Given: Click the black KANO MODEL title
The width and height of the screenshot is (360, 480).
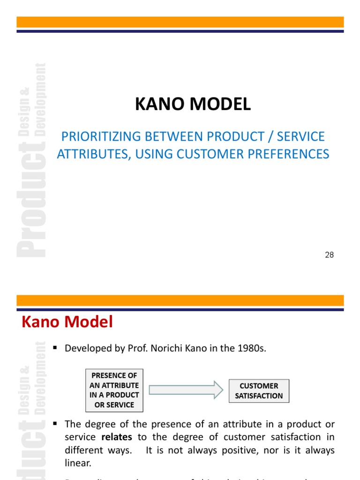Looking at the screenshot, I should [x=193, y=105].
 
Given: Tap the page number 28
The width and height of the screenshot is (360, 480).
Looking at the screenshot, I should [x=329, y=255].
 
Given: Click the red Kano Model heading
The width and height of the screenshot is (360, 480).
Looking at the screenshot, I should [x=67, y=322].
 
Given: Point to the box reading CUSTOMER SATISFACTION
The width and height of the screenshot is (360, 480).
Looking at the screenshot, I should [x=259, y=391].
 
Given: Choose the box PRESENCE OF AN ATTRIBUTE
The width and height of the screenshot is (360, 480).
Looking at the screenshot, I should [x=114, y=390].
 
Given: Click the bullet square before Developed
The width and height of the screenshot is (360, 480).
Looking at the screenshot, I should [x=55, y=347].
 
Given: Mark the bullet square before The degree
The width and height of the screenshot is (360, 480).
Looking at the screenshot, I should [x=55, y=424].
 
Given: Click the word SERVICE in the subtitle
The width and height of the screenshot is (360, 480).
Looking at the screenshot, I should [x=302, y=136].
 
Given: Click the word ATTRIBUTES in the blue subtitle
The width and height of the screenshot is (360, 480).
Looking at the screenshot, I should [x=93, y=154].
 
